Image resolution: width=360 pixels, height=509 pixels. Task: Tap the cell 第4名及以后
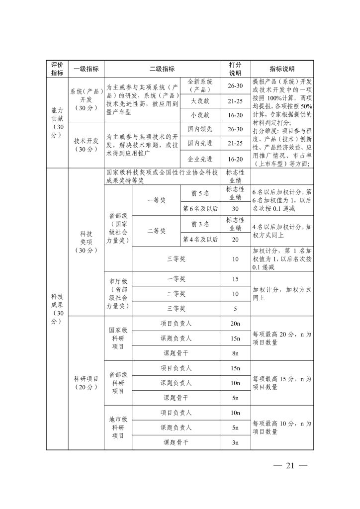[200, 239]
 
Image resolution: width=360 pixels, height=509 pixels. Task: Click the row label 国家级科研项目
[118, 338]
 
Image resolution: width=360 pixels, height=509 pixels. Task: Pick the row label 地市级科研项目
[118, 427]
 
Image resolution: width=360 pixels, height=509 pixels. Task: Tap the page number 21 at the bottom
[291, 465]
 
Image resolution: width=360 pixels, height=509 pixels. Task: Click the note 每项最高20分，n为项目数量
[282, 339]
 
